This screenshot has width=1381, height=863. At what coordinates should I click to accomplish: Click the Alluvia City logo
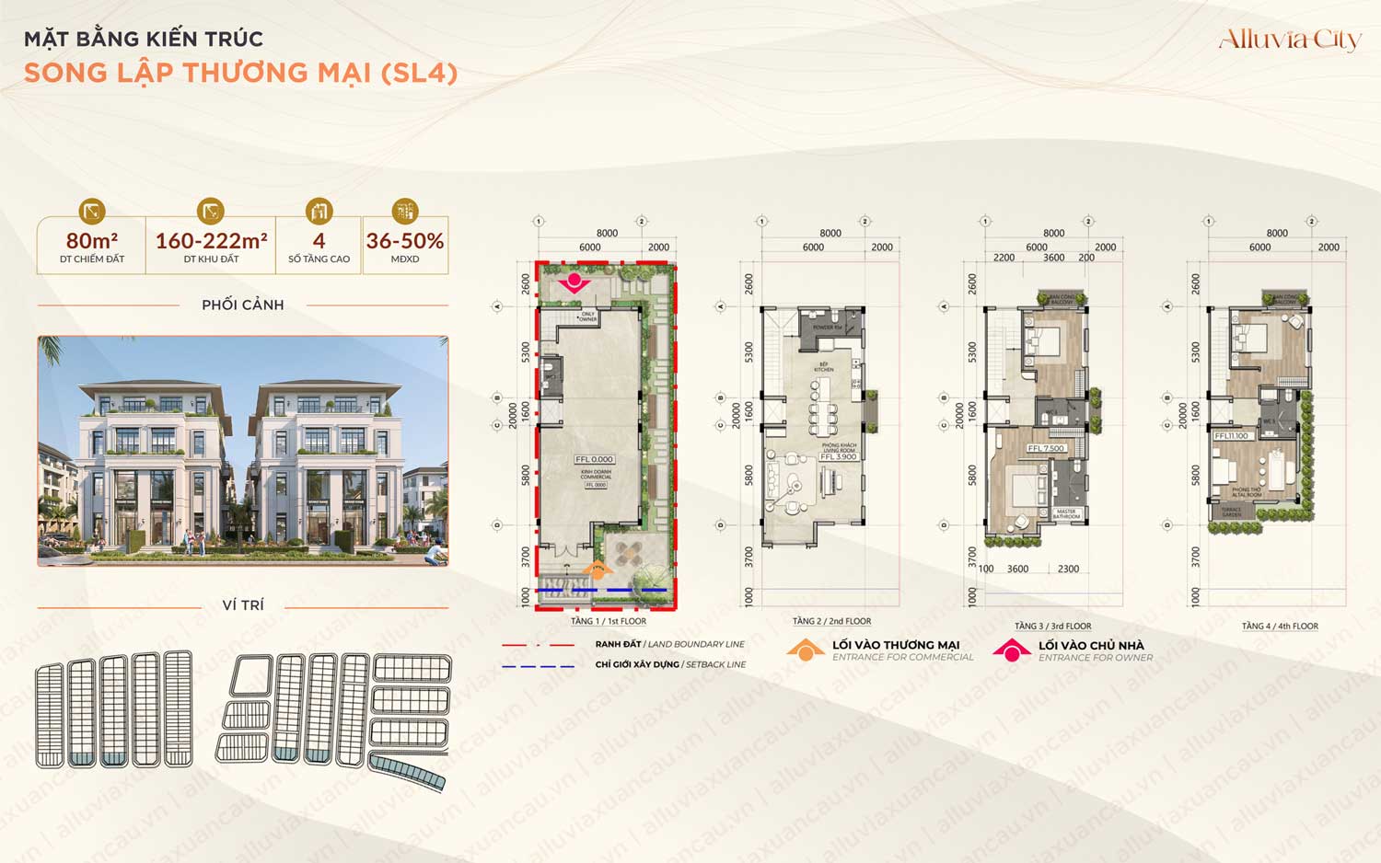click(1289, 40)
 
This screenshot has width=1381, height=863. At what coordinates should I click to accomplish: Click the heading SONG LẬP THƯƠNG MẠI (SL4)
click(240, 73)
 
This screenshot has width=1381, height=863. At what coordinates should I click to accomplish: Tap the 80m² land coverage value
click(91, 241)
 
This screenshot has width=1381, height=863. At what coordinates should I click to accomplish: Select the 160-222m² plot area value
click(211, 241)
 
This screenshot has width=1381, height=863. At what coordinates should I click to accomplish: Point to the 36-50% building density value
click(405, 241)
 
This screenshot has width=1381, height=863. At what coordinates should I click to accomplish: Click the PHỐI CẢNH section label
click(243, 305)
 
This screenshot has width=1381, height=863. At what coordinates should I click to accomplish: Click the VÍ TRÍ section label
click(243, 604)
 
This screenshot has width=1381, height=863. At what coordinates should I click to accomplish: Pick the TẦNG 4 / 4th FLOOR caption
click(1280, 626)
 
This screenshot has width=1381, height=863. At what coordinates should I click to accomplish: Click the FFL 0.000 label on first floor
click(594, 459)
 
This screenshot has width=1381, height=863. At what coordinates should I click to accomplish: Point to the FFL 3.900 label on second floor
click(839, 456)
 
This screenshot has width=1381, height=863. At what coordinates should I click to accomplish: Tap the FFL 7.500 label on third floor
click(1046, 448)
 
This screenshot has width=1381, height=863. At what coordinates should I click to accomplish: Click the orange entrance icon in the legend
click(806, 650)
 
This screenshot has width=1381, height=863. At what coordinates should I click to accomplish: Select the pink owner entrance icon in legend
click(1011, 650)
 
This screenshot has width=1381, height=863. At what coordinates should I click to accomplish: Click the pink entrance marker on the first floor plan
click(575, 281)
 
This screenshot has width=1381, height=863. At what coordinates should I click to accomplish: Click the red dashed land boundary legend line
click(538, 645)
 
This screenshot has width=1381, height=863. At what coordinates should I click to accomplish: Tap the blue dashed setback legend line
click(538, 665)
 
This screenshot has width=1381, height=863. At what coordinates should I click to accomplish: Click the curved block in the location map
click(407, 771)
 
